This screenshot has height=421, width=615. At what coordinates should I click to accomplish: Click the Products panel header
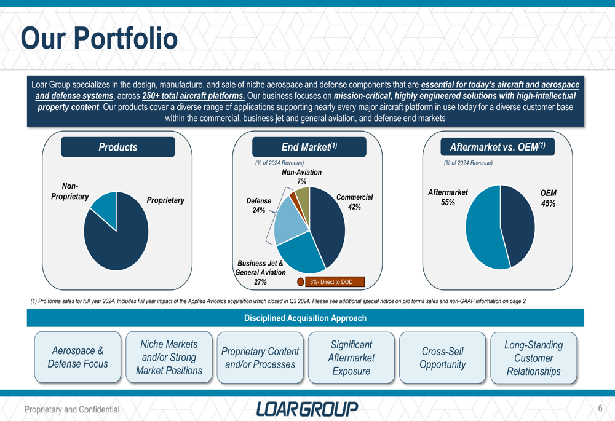pos(117,147)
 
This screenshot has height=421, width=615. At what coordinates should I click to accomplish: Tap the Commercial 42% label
pos(354,202)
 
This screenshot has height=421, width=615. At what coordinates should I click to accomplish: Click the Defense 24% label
pos(258,206)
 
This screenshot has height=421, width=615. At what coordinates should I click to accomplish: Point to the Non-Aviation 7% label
pos(301,177)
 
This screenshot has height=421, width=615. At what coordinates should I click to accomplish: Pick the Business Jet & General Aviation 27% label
pos(260,272)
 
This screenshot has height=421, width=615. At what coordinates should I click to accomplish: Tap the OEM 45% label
pos(548,198)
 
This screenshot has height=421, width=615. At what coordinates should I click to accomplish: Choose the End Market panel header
pos(309,147)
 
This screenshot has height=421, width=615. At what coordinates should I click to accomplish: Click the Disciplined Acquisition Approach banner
pos(305,318)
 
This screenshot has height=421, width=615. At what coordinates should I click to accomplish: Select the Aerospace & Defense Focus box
pos(77,357)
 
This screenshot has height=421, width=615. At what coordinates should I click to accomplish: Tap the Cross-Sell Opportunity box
pos(442,358)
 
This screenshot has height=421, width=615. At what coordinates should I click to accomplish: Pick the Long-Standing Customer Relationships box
pos(533,358)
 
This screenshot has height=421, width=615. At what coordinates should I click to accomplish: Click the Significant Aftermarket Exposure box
pos(351,358)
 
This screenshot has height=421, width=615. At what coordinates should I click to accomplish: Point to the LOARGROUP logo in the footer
pos(307,409)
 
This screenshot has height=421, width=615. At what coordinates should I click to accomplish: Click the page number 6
pos(600,409)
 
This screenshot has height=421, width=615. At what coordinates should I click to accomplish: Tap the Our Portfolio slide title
pos(99,39)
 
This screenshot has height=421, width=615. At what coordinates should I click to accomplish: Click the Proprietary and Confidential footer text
pos(71,410)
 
